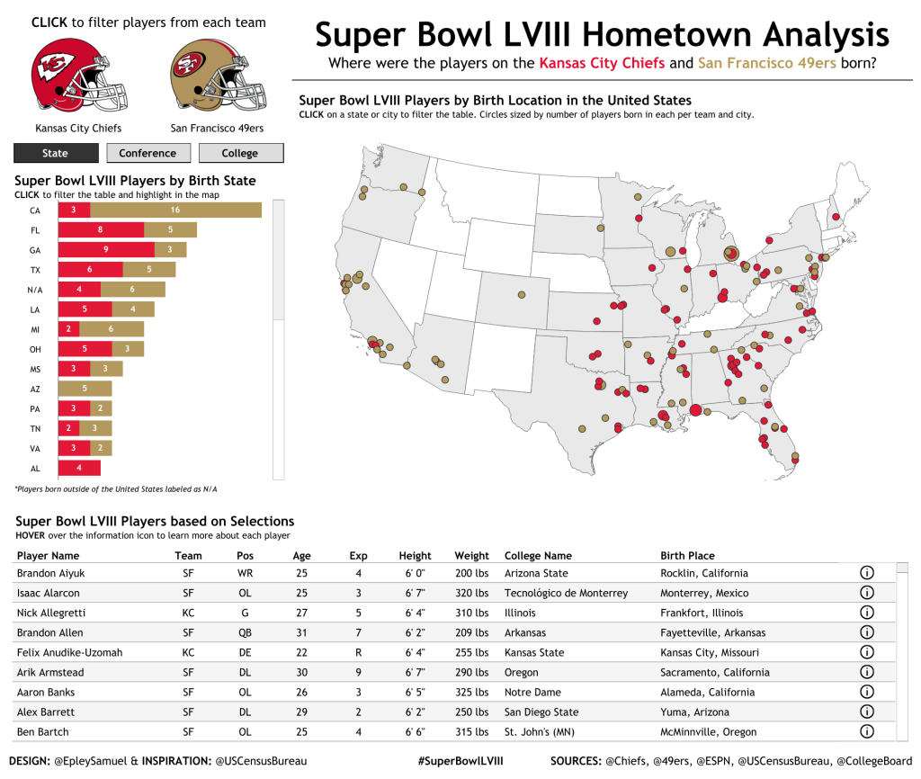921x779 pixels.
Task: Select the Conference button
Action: [148, 153]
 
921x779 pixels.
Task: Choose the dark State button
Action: [55, 153]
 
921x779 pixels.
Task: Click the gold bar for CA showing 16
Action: [175, 210]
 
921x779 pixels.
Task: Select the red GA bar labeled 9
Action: [105, 249]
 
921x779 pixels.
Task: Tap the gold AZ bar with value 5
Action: [85, 389]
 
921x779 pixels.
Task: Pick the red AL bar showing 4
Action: [79, 468]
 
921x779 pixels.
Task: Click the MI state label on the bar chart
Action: [35, 329]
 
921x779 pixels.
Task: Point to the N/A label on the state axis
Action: [35, 290]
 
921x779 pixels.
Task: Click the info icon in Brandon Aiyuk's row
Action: [867, 572]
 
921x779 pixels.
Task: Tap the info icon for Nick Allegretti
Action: [867, 613]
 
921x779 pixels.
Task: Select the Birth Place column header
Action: [687, 555]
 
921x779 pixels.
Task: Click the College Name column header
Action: [538, 555]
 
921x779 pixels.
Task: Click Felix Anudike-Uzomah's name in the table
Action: [69, 652]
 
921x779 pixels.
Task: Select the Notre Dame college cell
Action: [532, 692]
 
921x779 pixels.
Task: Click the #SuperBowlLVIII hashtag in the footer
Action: [460, 761]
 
